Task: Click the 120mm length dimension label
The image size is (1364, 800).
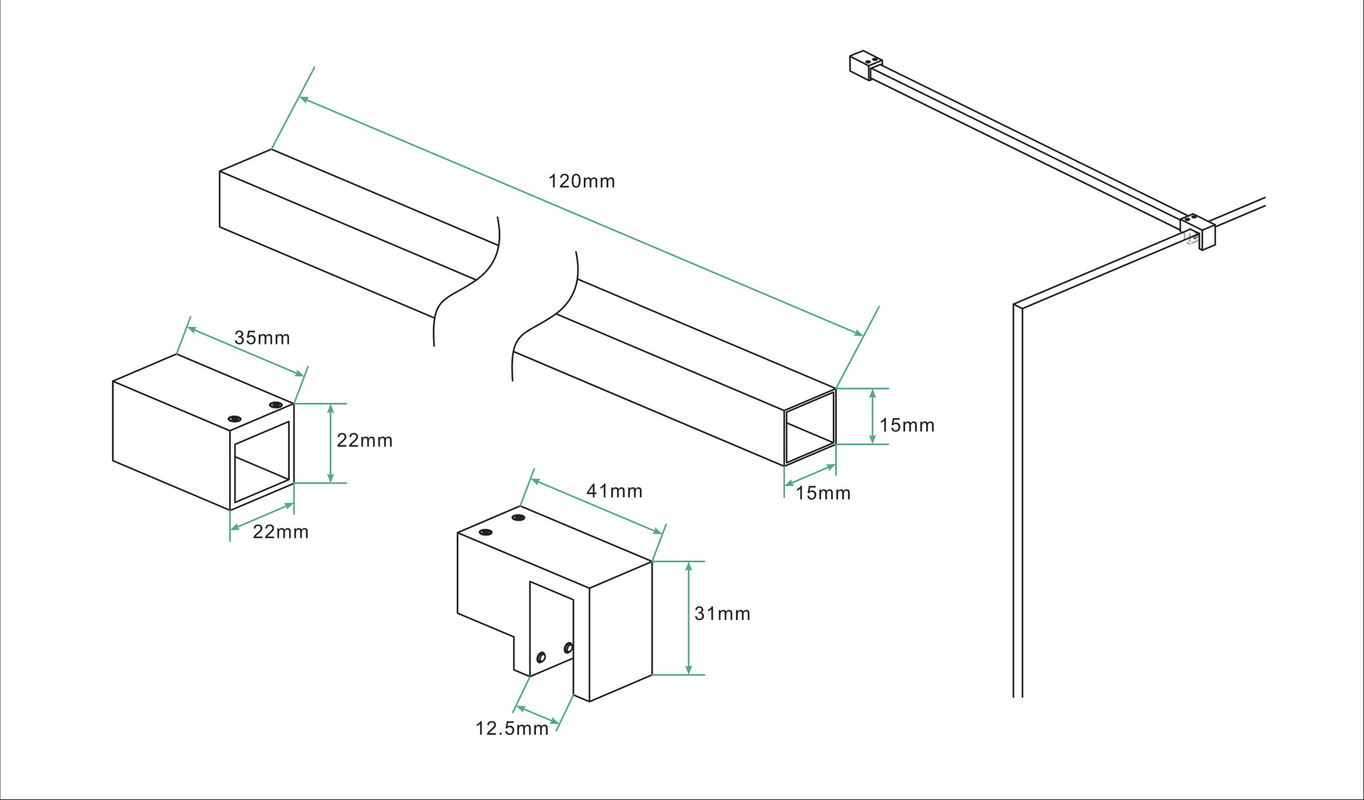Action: click(x=581, y=181)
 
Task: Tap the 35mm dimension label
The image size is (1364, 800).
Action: click(x=262, y=338)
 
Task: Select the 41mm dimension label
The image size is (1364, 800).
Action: click(x=614, y=491)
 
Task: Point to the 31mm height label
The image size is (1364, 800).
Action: click(x=722, y=614)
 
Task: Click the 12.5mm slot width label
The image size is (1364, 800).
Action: click(x=512, y=729)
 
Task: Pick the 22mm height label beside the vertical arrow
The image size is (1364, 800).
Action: click(x=364, y=441)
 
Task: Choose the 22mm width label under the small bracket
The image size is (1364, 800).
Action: click(x=280, y=532)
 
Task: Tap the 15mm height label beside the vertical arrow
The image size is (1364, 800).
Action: click(x=906, y=426)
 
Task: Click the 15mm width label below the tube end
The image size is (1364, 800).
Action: click(x=822, y=493)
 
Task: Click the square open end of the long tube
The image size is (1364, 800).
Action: click(x=810, y=427)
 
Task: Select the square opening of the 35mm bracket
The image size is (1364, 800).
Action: click(x=262, y=461)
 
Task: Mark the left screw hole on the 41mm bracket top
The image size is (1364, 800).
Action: click(x=486, y=532)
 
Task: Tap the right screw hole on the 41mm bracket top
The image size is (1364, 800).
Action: click(x=518, y=518)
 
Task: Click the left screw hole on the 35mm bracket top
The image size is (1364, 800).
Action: click(x=235, y=418)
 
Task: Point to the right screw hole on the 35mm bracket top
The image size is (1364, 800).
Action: click(x=276, y=405)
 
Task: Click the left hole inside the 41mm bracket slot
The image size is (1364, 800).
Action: click(x=541, y=658)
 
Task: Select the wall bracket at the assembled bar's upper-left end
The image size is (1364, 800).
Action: click(x=865, y=65)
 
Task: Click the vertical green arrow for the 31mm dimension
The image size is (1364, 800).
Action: click(x=689, y=618)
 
